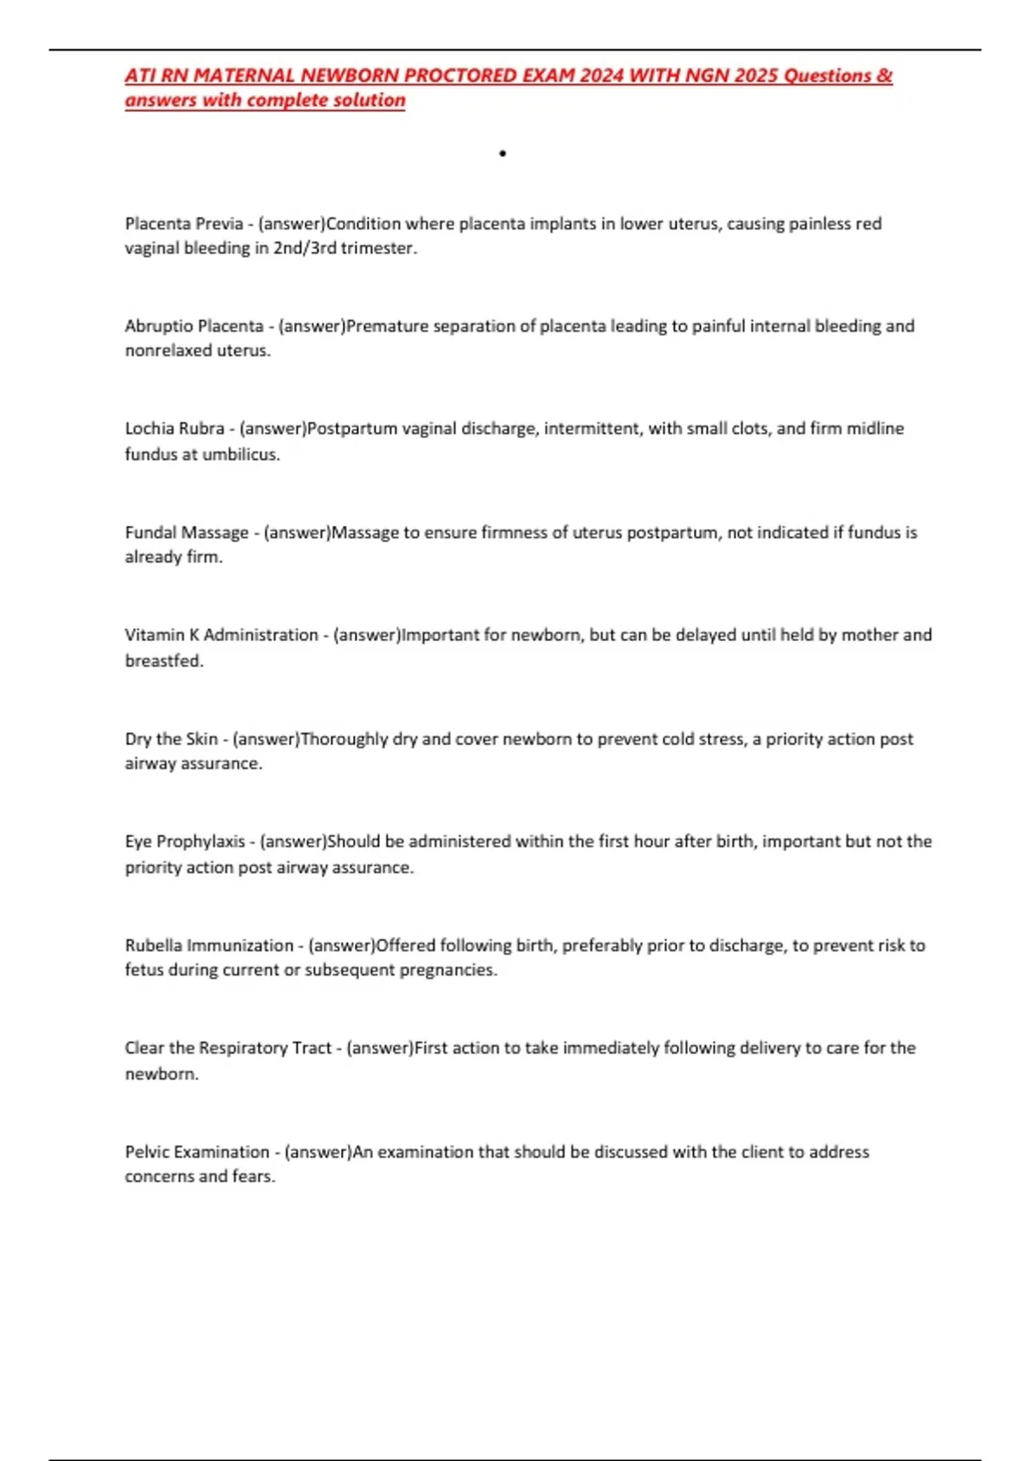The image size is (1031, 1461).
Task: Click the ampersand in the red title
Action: coord(885,76)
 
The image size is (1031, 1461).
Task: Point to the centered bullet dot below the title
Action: coord(503,154)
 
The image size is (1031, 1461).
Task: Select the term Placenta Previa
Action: coord(184,223)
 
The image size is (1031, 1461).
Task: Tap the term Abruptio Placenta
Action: coord(194,326)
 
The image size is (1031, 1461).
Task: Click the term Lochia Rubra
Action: coord(174,428)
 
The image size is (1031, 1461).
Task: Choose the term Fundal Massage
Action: coord(186,532)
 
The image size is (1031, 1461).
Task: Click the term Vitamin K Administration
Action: coord(221,635)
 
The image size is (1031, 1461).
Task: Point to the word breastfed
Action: coord(163,661)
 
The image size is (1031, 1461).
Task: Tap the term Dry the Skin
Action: coord(171,739)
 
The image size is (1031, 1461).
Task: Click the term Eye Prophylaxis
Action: coord(185,841)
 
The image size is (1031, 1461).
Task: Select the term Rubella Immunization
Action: coord(209,945)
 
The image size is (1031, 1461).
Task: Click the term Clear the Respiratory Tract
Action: coord(228,1048)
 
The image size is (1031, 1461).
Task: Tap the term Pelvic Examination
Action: coord(197,1152)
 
